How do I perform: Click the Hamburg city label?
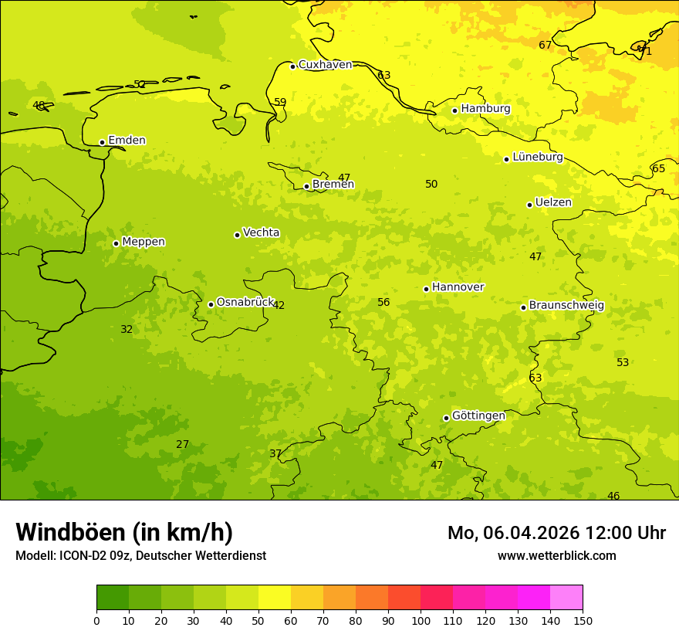[x=485, y=109]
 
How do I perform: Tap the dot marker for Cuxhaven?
[x=292, y=66]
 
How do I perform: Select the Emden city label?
[x=127, y=141]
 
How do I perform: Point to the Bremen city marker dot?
[x=306, y=186]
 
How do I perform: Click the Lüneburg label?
[x=537, y=158]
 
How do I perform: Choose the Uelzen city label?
[x=553, y=203]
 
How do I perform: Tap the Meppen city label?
[x=144, y=242]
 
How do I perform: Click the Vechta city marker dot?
[x=237, y=235]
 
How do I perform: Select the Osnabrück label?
[x=245, y=303]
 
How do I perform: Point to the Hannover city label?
[x=458, y=287]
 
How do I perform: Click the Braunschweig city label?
[x=566, y=306]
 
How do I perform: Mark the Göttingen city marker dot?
[x=446, y=418]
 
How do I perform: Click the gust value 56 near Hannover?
[x=383, y=303]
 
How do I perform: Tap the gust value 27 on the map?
[x=182, y=445]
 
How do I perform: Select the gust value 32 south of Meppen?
[x=127, y=330]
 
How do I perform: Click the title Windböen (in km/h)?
[x=124, y=533]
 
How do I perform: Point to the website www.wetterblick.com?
[x=556, y=556]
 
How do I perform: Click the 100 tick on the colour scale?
[x=421, y=620]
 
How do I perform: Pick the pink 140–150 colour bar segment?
[x=566, y=598]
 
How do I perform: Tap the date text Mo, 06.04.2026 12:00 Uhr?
[x=556, y=533]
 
